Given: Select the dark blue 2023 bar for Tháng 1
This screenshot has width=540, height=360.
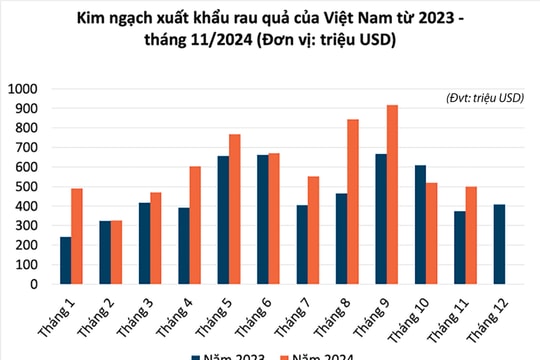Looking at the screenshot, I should [x=66, y=260].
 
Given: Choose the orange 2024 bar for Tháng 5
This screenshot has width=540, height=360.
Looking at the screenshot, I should [x=233, y=209].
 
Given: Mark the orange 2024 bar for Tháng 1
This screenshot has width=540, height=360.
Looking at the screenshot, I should [x=78, y=236].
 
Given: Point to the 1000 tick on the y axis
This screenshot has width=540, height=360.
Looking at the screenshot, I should [x=21, y=89].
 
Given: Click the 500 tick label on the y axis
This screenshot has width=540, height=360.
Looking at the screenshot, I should [x=24, y=187].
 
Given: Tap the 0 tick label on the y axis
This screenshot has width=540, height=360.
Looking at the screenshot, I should [x=33, y=284].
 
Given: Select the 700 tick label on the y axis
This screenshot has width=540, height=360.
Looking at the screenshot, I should [x=24, y=148].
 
